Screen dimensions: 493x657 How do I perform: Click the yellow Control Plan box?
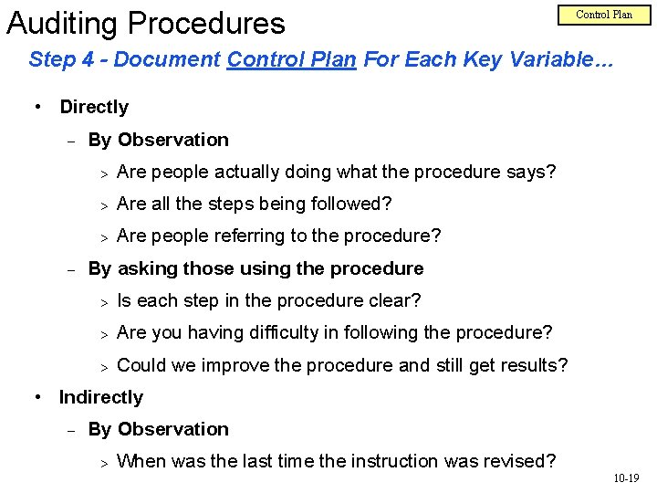point(603,15)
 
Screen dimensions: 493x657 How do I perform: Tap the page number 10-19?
point(626,477)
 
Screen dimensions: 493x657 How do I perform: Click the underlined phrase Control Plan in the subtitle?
point(292,61)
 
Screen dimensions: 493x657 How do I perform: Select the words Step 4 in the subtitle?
point(60,61)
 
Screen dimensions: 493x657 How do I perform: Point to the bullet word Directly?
point(94,107)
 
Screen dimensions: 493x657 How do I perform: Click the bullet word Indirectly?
point(101,397)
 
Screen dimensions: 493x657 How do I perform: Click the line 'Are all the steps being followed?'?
point(255,204)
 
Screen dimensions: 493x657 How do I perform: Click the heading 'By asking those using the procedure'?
point(255,268)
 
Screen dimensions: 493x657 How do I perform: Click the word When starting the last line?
point(141,461)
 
